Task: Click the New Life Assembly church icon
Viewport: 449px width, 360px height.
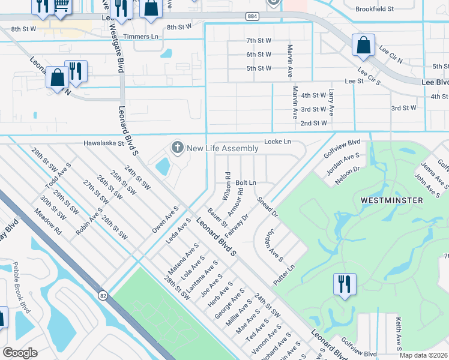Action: coord(177,148)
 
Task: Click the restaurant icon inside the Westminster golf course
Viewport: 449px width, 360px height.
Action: coord(345,284)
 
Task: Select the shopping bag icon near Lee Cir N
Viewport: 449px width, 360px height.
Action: coord(363,45)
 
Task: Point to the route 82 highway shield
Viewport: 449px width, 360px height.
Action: coord(103,295)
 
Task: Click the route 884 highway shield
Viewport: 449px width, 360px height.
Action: coord(252,16)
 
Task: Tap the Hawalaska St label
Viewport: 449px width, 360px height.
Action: coord(104,144)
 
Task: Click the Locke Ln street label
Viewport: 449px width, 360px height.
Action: coord(277,142)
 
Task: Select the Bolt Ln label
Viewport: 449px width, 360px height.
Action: coord(246,182)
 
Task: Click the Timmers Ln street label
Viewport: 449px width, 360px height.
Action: coord(140,37)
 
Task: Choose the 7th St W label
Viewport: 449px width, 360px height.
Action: coord(259,40)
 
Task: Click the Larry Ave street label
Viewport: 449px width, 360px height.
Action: coord(331,103)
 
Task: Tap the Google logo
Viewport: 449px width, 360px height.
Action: coord(20,353)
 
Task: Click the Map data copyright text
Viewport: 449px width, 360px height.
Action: coord(423,355)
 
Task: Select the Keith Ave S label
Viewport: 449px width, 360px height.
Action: coord(397,334)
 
